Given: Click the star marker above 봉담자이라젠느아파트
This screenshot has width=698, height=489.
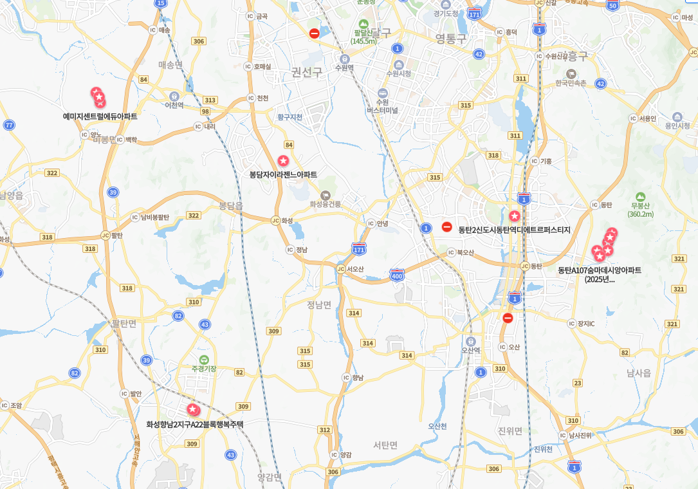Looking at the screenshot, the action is pos(283,160).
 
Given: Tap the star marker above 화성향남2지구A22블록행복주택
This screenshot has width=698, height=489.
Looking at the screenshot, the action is pos(192,409).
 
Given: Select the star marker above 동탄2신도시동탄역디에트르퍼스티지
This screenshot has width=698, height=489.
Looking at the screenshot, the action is pos(514,216).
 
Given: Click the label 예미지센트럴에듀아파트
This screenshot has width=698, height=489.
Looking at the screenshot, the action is pos(100,116).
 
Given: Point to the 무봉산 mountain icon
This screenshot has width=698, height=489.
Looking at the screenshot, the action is pos(639,197).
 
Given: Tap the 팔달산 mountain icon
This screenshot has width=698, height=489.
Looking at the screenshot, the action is pos(363,23).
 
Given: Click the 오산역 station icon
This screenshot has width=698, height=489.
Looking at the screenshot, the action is pos(471,341).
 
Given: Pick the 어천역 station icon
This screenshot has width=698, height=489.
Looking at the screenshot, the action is pos(174,96).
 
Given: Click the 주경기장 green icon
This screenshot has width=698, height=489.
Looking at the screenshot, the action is pos(204,359).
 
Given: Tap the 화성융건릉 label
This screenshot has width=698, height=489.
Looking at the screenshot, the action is pos(325,204).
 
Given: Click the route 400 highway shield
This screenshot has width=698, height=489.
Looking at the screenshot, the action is pos(397,275).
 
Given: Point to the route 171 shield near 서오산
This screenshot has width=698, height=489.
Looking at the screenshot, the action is pos(359,248).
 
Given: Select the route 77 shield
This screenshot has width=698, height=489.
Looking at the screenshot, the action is pos(8,125).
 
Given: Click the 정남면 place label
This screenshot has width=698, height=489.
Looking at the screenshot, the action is pos(319,304).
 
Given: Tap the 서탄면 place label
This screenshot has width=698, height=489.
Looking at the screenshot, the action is pos(385,445).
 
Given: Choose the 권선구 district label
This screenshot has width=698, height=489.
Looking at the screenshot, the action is pos(306,72).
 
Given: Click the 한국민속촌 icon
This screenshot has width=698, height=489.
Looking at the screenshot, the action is pos(571,74).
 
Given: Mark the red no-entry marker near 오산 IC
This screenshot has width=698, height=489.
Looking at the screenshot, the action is pos(508,318).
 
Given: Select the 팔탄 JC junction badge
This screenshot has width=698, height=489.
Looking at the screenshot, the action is pos(105,235).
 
